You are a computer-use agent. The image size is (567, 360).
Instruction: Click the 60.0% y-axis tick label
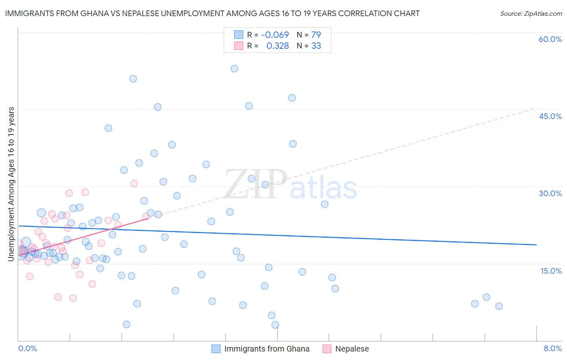[550, 39]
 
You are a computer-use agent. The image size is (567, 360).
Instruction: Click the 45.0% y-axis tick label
[550, 116]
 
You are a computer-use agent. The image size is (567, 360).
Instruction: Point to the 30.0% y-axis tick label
[550, 193]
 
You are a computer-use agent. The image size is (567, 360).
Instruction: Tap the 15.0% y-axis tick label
[551, 271]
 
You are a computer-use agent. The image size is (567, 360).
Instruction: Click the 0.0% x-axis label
[27, 348]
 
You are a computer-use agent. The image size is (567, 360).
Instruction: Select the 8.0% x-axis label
[552, 348]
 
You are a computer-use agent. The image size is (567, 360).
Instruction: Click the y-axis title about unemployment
[11, 184]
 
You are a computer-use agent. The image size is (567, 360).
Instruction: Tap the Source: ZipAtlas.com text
[531, 14]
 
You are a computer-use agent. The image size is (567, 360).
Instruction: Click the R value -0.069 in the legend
[275, 35]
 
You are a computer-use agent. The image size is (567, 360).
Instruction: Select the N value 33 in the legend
[316, 46]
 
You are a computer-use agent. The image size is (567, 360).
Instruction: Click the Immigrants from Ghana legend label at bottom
[267, 349]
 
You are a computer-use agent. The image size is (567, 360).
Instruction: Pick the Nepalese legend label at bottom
[352, 349]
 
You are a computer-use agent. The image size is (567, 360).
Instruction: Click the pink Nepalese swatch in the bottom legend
[327, 349]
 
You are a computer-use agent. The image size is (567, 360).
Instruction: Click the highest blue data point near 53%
[234, 69]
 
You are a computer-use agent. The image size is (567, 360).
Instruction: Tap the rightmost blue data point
[499, 306]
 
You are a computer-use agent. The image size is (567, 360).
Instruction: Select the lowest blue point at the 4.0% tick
[275, 325]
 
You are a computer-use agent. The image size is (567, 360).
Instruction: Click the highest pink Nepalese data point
[134, 184]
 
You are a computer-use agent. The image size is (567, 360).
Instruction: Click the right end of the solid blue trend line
[536, 245]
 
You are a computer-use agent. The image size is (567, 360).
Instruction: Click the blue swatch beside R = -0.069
[239, 35]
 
